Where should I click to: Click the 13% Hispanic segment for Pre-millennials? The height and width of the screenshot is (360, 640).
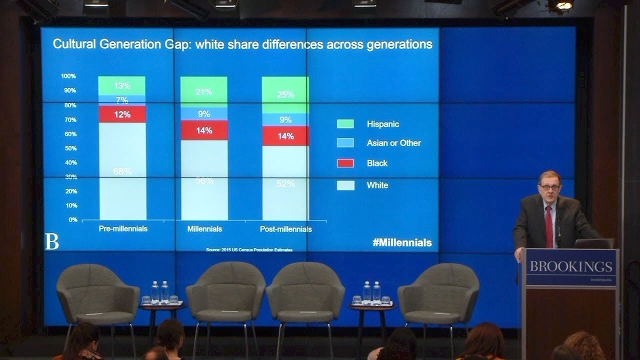pos(122,85)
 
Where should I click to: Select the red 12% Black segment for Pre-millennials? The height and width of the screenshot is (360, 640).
pos(122,114)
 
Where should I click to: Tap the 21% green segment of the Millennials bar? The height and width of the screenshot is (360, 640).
pos(203,91)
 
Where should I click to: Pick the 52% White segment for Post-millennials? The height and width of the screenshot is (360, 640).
pos(285,183)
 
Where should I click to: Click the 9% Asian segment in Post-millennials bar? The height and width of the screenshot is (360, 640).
pos(285,120)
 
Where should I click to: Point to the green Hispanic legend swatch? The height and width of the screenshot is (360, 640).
pos(345,124)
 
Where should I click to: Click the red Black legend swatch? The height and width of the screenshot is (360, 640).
pos(345,163)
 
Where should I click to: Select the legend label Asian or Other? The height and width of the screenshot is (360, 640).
pos(393,143)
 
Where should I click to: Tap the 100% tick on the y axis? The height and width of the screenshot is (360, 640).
pos(68,76)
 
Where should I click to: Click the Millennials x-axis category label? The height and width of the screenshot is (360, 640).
pos(204,229)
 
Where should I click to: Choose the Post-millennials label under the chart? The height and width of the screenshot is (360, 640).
pos(285,229)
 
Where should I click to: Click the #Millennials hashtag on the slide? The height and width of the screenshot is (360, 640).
pos(402,243)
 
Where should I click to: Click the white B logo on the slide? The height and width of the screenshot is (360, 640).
pos(51,241)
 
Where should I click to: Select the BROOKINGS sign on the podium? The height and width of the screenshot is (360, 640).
pos(570,266)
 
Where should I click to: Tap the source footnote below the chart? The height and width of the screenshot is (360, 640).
pos(249,249)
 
